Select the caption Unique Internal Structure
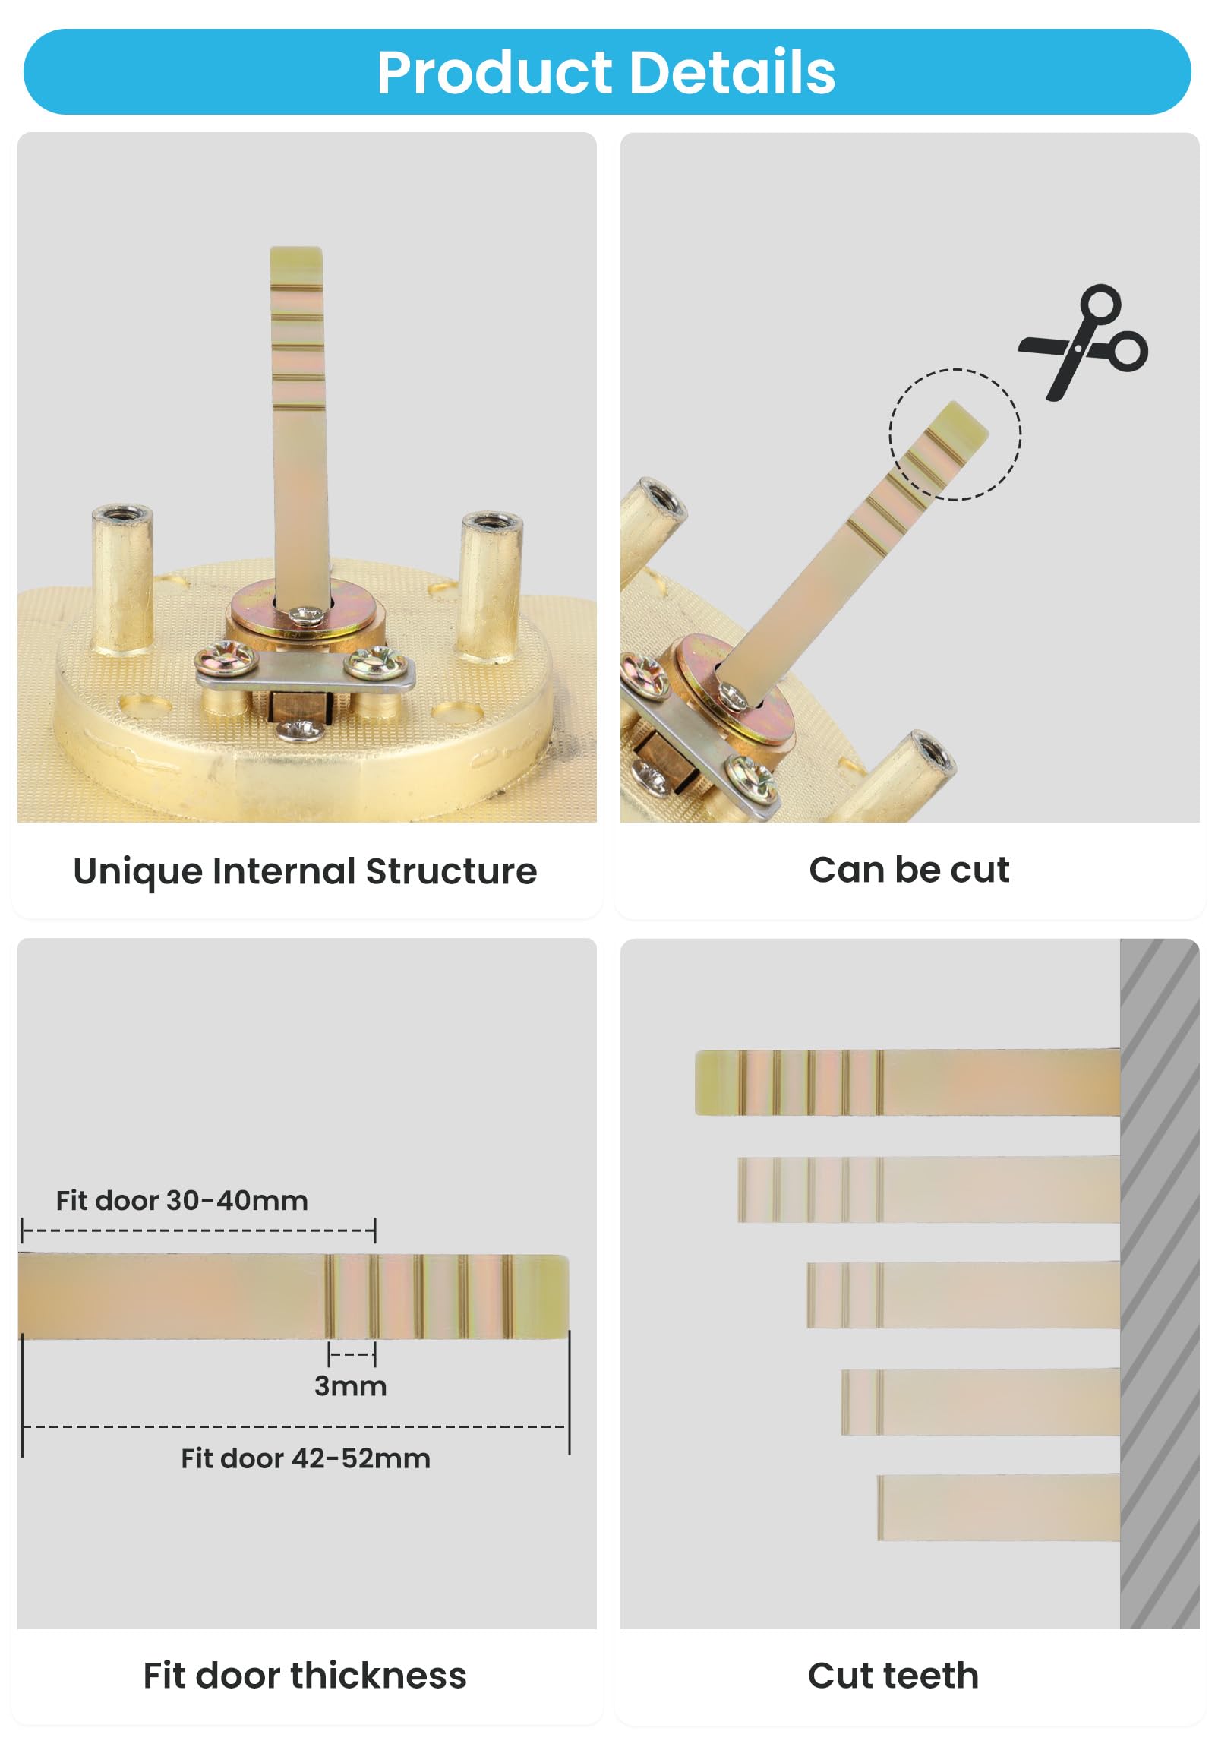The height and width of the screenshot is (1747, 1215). tap(305, 871)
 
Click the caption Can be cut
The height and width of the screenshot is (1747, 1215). tap(908, 870)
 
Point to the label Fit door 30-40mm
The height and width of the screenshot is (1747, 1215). tap(181, 1201)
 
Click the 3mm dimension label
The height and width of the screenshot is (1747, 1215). tap(351, 1386)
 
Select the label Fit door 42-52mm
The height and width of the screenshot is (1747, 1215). tap(305, 1458)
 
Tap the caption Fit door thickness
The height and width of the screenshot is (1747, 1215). tap(305, 1676)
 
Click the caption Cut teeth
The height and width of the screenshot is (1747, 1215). tap(893, 1676)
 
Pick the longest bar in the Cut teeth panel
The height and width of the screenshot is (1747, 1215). tap(907, 1082)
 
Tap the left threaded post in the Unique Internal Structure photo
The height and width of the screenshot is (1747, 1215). tap(121, 578)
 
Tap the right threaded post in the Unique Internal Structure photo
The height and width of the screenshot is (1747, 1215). tap(490, 586)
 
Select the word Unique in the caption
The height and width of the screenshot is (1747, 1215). tap(137, 871)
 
